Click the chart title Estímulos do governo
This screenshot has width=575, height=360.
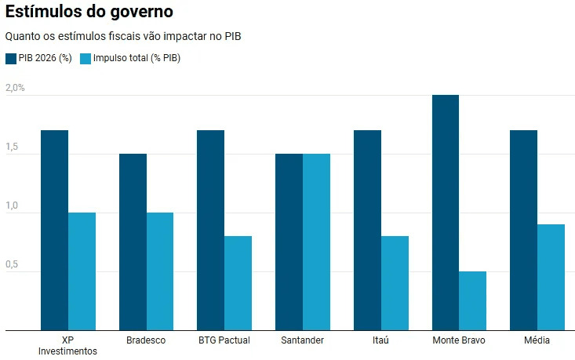pos(89,13)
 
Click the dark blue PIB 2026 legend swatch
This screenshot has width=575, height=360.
pos(10,58)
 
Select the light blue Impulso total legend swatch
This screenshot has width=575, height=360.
pos(86,58)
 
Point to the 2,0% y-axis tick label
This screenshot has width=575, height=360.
pos(16,88)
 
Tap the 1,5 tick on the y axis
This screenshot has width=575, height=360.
pos(12,147)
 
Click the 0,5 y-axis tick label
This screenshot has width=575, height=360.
pos(12,264)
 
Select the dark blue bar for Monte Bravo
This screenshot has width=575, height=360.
pos(445,213)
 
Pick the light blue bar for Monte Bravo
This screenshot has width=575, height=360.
pos(472,301)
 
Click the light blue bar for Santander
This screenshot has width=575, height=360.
pos(316,242)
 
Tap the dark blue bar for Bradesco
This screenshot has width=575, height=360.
pos(133,242)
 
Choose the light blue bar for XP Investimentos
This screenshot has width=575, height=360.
pos(82,271)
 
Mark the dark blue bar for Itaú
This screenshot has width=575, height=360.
pos(367,231)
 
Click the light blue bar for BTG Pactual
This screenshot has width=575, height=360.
pos(238,283)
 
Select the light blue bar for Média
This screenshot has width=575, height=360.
pos(551,278)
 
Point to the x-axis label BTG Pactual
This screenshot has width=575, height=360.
pos(224,340)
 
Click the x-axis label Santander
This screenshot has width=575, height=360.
pos(302,340)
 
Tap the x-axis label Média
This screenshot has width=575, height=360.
pos(537,340)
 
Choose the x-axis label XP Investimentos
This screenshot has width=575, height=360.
pos(67,346)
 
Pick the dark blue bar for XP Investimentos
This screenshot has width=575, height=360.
pos(54,231)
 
